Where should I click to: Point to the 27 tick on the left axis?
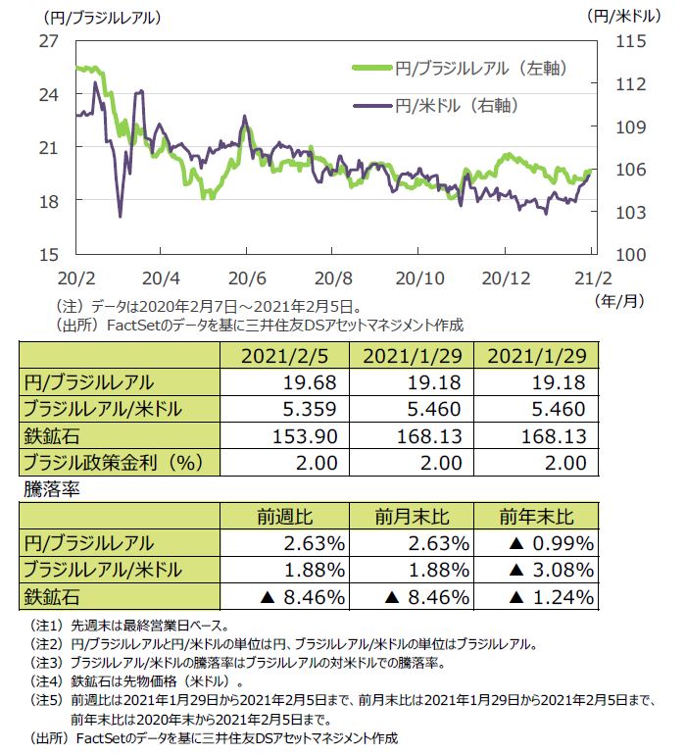(x=49, y=41)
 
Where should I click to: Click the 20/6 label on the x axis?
(x=247, y=277)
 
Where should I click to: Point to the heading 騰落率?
(x=45, y=486)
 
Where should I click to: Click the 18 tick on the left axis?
(x=49, y=200)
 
